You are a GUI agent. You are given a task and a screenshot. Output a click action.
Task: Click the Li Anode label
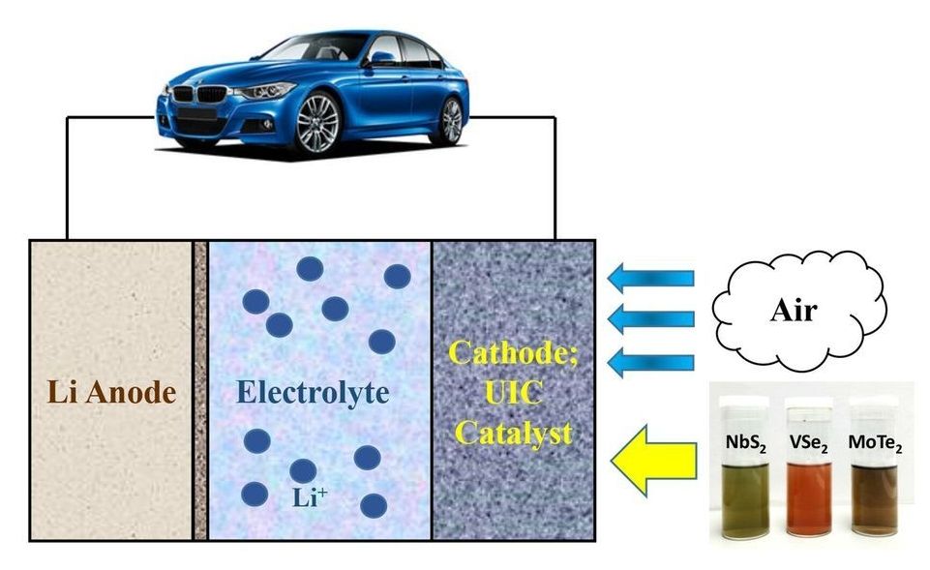(x=111, y=393)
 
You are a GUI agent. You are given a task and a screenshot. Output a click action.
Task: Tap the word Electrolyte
(x=314, y=393)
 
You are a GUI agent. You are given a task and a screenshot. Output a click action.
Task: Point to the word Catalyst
(x=514, y=433)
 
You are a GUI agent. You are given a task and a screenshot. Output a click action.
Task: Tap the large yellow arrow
(x=653, y=456)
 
